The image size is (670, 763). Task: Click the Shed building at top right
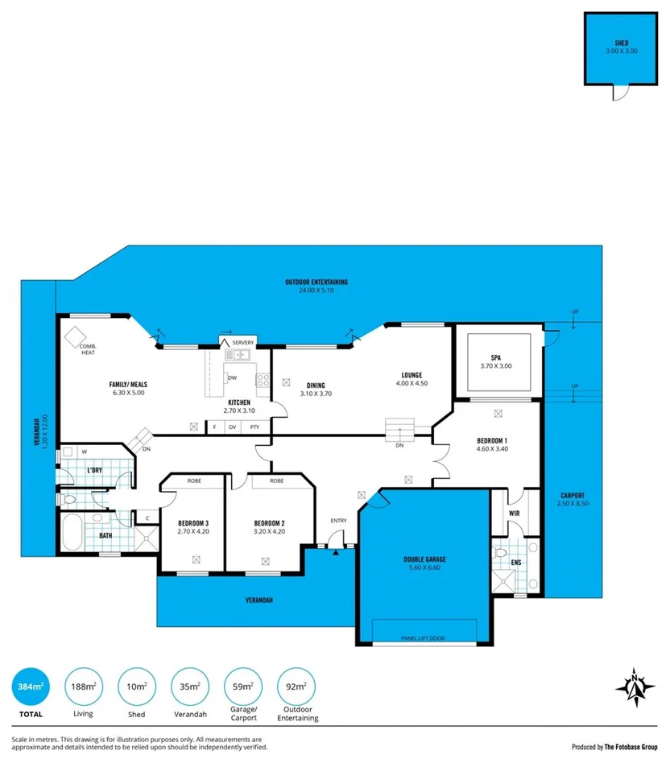pyautogui.click(x=621, y=49)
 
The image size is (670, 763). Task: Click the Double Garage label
pyautogui.click(x=424, y=559)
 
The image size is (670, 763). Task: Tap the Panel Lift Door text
pyautogui.click(x=423, y=638)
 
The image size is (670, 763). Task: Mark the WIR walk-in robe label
pyautogui.click(x=513, y=512)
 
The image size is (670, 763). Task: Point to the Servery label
pyautogui.click(x=242, y=343)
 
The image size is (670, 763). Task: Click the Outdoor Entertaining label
pyautogui.click(x=316, y=282)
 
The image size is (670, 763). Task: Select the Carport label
pyautogui.click(x=570, y=496)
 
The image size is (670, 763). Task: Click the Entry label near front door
pyautogui.click(x=338, y=520)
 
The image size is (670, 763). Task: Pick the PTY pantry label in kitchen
pyautogui.click(x=254, y=427)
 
